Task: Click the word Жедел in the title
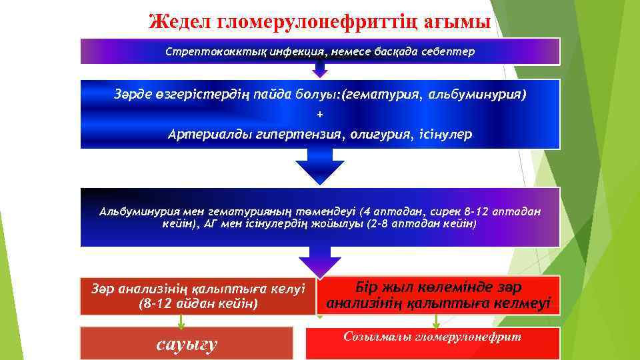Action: click(180, 21)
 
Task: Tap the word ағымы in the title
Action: click(461, 21)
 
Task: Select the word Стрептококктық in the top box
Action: click(207, 51)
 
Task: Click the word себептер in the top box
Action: click(449, 51)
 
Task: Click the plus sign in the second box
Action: click(320, 115)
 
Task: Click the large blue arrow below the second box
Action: click(320, 167)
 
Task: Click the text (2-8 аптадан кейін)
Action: click(422, 224)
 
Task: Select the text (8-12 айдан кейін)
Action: click(197, 303)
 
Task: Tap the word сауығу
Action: click(186, 345)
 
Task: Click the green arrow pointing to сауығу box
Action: click(180, 321)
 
